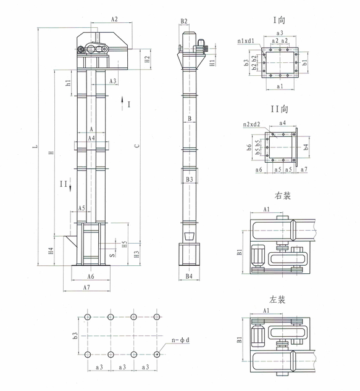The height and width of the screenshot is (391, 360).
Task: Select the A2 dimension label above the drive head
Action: [114, 20]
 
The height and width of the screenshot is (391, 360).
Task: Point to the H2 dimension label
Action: [147, 60]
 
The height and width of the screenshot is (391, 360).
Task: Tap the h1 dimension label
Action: [69, 82]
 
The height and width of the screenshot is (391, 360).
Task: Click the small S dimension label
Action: [112, 253]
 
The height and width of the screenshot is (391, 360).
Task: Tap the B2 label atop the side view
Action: [184, 22]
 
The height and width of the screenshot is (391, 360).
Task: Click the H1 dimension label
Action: [212, 62]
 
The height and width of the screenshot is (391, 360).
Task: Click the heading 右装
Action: [281, 197]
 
